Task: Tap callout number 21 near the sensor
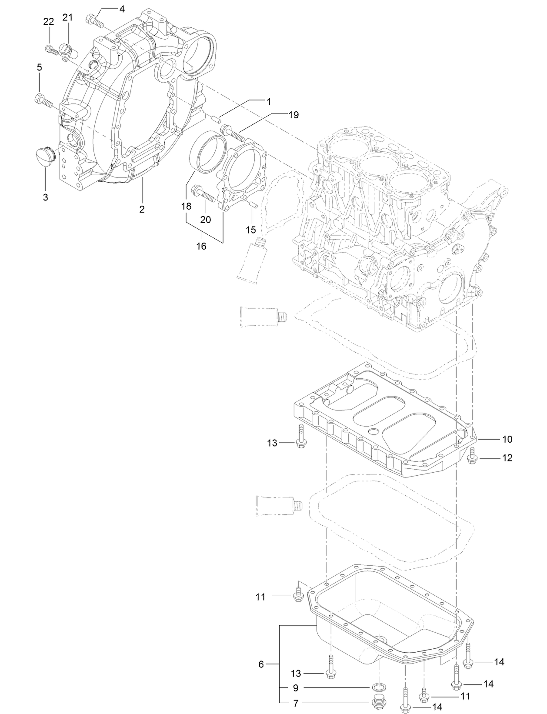[x=67, y=17]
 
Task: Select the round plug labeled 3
[x=44, y=154]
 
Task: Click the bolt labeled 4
[x=93, y=19]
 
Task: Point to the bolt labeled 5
[x=42, y=100]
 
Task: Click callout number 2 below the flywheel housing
[x=142, y=209]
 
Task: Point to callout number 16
[x=201, y=246]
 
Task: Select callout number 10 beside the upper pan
[x=507, y=439]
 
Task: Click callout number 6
[x=261, y=664]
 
